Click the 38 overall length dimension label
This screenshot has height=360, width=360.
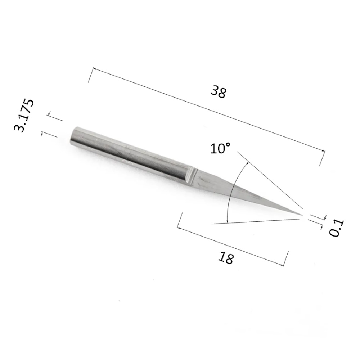[x=219, y=91]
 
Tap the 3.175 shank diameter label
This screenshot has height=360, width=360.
[x=24, y=116]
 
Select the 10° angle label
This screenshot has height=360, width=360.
[x=220, y=148]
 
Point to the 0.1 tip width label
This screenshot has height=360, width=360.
[x=337, y=228]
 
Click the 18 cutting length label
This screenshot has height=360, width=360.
[x=226, y=258]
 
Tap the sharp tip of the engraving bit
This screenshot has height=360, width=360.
[x=302, y=215]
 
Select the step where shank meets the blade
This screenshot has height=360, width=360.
[x=193, y=176]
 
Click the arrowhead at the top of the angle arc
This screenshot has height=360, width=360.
[x=248, y=163]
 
